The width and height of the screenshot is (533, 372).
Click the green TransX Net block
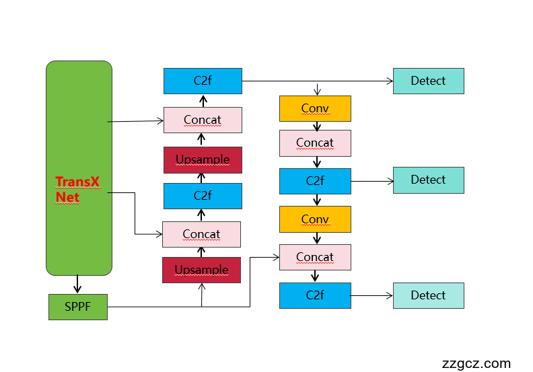tap(79, 168)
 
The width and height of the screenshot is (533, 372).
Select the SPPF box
tap(77, 307)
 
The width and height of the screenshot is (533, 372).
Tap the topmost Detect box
tap(428, 81)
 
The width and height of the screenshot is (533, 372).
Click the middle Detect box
tap(428, 180)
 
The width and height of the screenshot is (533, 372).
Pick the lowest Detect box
tap(428, 296)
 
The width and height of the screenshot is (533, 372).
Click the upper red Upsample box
tap(203, 160)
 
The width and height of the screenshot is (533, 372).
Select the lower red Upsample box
tap(201, 270)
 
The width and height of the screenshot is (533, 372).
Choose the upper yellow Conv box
tap(315, 108)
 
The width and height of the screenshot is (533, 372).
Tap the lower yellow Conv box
tap(315, 219)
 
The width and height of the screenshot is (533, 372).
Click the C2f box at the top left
tap(203, 81)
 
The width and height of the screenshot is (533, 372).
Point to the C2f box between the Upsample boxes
tap(203, 196)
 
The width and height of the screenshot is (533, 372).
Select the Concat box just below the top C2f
tap(203, 120)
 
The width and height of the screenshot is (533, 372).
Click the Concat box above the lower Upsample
tap(201, 234)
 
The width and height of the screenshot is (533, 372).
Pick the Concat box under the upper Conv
tap(315, 143)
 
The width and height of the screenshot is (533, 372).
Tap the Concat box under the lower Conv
tap(315, 257)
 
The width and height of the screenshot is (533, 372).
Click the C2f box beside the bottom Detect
tap(315, 295)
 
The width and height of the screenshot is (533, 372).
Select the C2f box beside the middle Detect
tap(315, 181)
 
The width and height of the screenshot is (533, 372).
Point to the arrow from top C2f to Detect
tap(316, 81)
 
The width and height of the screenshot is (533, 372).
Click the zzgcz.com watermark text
tap(476, 363)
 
